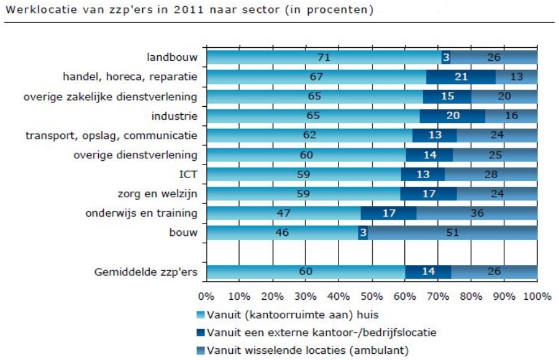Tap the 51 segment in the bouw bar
(x=453, y=233)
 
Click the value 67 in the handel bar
(x=315, y=77)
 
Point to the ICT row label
(x=188, y=174)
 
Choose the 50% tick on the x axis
(x=371, y=296)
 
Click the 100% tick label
(x=537, y=296)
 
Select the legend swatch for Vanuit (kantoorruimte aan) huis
(x=200, y=314)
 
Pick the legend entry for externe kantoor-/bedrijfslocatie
(x=320, y=332)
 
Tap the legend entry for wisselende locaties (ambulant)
(x=307, y=350)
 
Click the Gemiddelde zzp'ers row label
(x=146, y=272)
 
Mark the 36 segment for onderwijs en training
(x=476, y=214)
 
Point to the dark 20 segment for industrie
(x=452, y=116)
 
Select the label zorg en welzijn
(x=158, y=194)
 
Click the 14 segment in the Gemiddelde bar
(x=428, y=272)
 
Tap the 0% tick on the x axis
(x=206, y=296)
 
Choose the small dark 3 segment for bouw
(x=363, y=233)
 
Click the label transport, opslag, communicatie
(x=111, y=135)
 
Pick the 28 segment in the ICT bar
(x=491, y=174)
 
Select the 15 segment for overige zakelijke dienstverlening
(x=447, y=97)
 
